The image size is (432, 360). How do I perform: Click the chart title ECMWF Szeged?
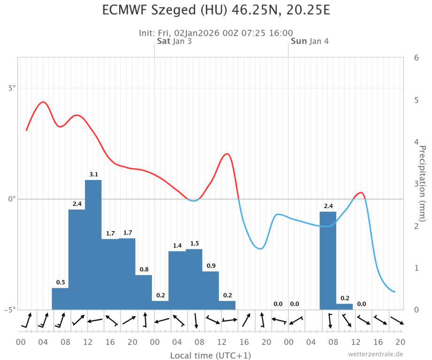coord(216,10)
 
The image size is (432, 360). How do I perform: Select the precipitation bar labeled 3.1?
coord(93,244)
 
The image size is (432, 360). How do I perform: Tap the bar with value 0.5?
coord(60,299)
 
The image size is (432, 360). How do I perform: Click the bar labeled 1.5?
coord(194,279)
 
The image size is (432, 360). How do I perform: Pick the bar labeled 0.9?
coord(211,290)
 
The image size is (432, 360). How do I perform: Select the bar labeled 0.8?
coord(144,292)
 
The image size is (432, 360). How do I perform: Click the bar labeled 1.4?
coord(177,280)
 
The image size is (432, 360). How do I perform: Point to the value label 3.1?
coord(93,175)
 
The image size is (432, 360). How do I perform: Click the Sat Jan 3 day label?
coord(174,41)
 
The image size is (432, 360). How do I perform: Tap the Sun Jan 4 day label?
coord(310,41)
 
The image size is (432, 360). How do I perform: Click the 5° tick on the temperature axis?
coord(10,88)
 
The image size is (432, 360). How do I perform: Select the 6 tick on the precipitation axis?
coord(416,58)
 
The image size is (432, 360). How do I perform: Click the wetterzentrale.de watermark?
coord(375,354)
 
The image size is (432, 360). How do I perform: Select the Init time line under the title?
coord(216,33)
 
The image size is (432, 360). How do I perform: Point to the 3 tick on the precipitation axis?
coord(416,184)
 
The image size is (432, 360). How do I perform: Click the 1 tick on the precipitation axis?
coord(416,268)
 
